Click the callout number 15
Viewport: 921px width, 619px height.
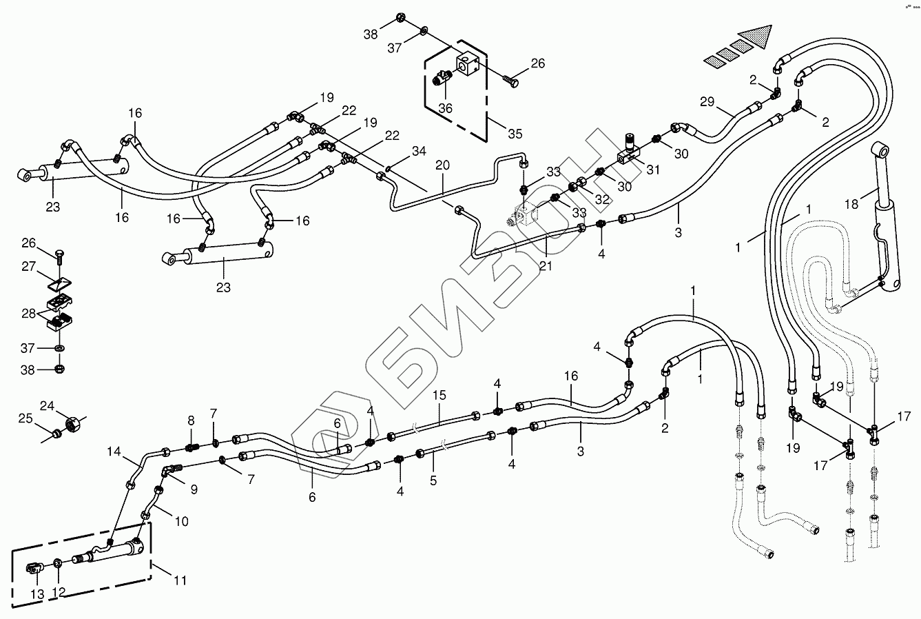pos(439,395)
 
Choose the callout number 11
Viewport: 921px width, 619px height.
pos(179,581)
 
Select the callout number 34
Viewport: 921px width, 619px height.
pos(418,150)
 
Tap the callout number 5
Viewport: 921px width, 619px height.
pos(433,481)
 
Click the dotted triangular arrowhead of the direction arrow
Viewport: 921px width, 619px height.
pos(754,34)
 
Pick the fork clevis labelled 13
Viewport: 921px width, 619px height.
pos(34,569)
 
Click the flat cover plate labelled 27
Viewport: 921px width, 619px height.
pos(61,283)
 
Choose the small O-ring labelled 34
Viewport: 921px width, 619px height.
pos(390,167)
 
